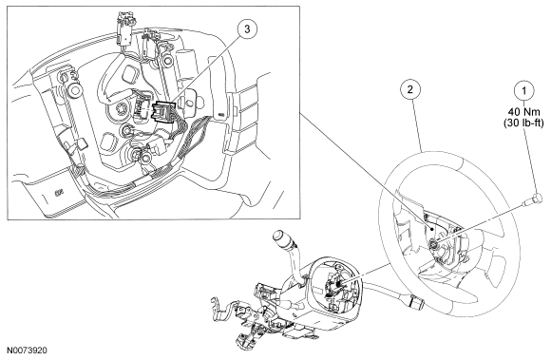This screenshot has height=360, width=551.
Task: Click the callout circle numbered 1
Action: point(524,91)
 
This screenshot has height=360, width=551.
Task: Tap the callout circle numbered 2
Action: point(410,89)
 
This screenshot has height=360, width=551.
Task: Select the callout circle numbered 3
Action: point(247,29)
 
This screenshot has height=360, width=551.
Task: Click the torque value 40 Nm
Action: point(524,112)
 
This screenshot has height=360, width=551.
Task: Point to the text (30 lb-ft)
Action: point(523,123)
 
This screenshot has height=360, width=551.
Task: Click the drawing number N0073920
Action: point(28,351)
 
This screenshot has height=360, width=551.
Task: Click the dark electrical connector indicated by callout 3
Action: point(162,110)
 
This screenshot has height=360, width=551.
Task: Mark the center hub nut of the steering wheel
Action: point(433,244)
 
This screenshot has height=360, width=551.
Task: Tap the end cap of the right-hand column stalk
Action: point(415,300)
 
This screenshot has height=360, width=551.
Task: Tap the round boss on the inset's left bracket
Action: point(74,90)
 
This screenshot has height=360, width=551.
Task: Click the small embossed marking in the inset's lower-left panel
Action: point(59,192)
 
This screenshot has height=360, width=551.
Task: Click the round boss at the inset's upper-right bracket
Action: point(167,61)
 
